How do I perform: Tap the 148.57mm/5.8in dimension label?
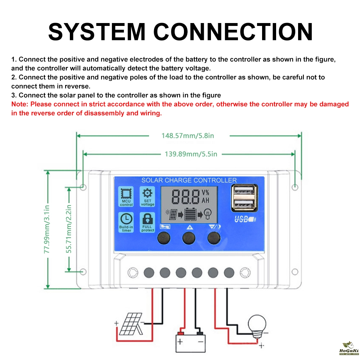point(188,136)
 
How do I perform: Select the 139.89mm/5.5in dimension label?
point(191,154)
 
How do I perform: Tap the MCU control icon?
point(126,194)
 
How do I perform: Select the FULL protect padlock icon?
point(148,219)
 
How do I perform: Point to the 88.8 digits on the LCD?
point(186,197)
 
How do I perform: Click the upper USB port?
point(244,191)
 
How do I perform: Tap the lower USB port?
point(244,205)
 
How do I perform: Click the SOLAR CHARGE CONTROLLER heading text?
point(189,180)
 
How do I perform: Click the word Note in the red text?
point(19,104)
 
